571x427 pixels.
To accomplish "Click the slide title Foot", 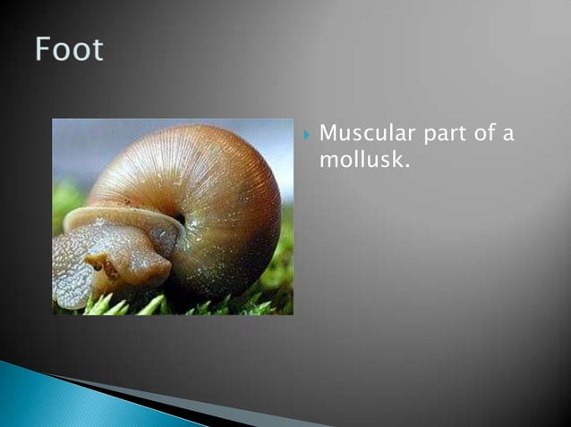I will (x=70, y=49).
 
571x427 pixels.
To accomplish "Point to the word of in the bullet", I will (x=483, y=135).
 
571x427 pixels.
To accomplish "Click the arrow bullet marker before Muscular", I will (x=306, y=136).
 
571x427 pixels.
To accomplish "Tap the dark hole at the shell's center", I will (x=179, y=219).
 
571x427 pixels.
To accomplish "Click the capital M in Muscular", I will (x=328, y=135).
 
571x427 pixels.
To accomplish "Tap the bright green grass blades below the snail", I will (x=134, y=306).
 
